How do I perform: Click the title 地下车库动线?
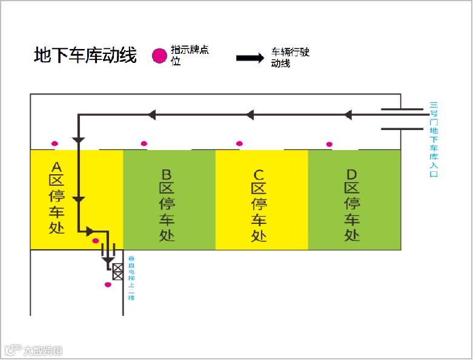point(85,56)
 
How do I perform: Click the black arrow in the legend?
point(250,58)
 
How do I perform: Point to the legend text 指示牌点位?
point(190,56)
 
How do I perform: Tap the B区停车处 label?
point(167,205)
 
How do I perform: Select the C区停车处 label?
point(259,205)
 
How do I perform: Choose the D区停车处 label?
point(352,205)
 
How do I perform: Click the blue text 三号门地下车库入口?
point(434,139)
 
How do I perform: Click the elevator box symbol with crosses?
point(117,272)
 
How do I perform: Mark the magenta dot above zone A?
point(55,143)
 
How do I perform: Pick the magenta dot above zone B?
point(144,143)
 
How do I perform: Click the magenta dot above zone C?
point(239,143)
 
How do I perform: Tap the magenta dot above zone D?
point(329,144)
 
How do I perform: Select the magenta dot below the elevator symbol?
point(108,284)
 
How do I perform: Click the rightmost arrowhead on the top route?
point(348,114)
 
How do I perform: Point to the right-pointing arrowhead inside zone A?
point(90,231)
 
